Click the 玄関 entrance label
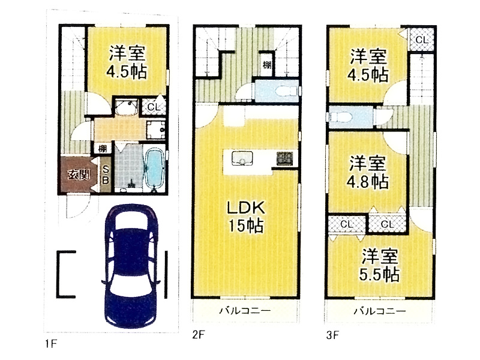point(79,175)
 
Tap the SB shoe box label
point(106,175)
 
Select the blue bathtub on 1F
point(154,168)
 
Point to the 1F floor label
point(51,344)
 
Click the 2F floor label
point(199,335)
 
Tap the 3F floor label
point(332,335)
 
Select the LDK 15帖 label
point(246,217)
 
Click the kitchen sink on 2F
point(242,158)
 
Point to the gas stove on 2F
point(284,158)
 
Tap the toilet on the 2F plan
point(286,91)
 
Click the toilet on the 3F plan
point(339,116)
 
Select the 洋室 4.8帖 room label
point(368,172)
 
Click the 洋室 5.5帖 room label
point(380,265)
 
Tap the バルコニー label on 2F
point(245,311)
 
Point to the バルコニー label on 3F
point(380,311)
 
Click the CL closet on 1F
point(154,107)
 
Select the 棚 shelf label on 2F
point(266,65)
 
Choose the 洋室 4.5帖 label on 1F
point(127,62)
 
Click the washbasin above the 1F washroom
point(126,107)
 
